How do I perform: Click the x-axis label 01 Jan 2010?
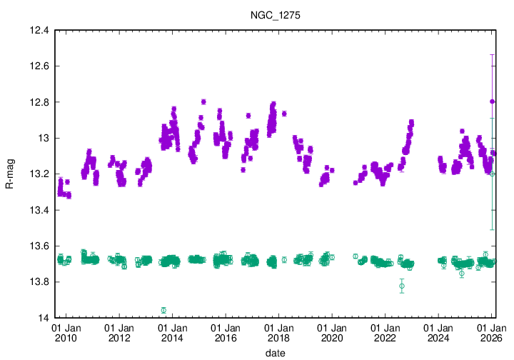point(66,332)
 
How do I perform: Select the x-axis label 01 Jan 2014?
point(172,332)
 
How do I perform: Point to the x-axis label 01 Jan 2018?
point(278,332)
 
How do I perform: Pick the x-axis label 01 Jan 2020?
point(332,332)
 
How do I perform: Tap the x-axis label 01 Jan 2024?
point(438,332)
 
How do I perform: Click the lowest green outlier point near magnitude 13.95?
point(163,310)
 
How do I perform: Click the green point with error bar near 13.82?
point(402,286)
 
